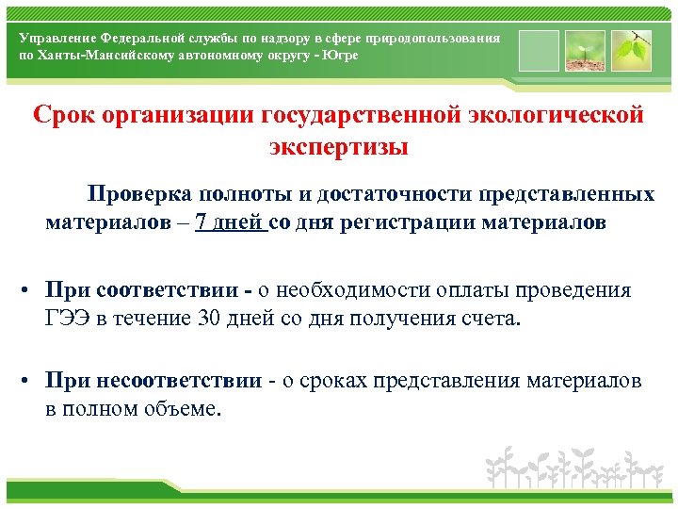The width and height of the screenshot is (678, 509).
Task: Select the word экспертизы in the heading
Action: click(338, 148)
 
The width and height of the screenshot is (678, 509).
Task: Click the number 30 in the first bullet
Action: click(210, 318)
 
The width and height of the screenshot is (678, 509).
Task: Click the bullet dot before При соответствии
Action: click(31, 291)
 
